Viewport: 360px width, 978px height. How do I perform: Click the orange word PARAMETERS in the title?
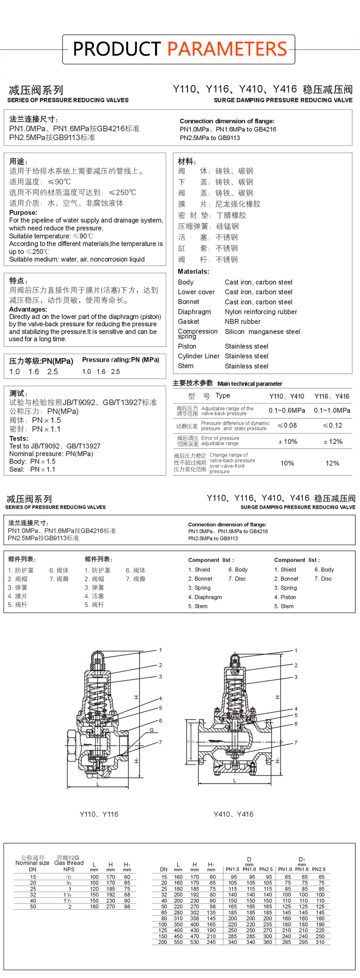[x=227, y=49]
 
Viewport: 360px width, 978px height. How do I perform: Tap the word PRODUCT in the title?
[x=117, y=49]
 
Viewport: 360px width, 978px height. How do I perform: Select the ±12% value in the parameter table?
[x=333, y=441]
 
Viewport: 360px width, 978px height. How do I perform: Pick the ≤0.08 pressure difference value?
[x=287, y=425]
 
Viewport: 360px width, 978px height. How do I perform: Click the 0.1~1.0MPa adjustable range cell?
[x=332, y=410]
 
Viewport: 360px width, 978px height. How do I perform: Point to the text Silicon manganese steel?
[x=262, y=332]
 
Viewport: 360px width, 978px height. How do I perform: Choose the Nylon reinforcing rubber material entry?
[x=261, y=312]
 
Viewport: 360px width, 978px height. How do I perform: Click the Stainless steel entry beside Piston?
[x=246, y=346]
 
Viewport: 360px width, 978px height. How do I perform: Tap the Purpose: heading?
[x=23, y=213]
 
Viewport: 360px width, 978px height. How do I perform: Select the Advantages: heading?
[x=28, y=310]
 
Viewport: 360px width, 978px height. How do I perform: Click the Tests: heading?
[x=19, y=439]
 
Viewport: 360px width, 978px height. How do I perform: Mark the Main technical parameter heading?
[x=250, y=384]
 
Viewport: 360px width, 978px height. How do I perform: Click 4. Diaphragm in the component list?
[x=205, y=597]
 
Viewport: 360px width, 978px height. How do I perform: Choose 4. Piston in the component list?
[x=285, y=597]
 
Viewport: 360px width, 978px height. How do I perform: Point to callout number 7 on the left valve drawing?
[x=160, y=742]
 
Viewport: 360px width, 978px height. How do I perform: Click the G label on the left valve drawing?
[x=152, y=730]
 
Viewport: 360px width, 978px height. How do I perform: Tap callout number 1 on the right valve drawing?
[x=296, y=651]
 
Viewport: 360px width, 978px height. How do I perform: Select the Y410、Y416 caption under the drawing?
[x=234, y=814]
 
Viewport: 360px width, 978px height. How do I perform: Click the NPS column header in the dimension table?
[x=69, y=870]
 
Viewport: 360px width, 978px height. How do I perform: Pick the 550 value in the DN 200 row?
[x=178, y=942]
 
